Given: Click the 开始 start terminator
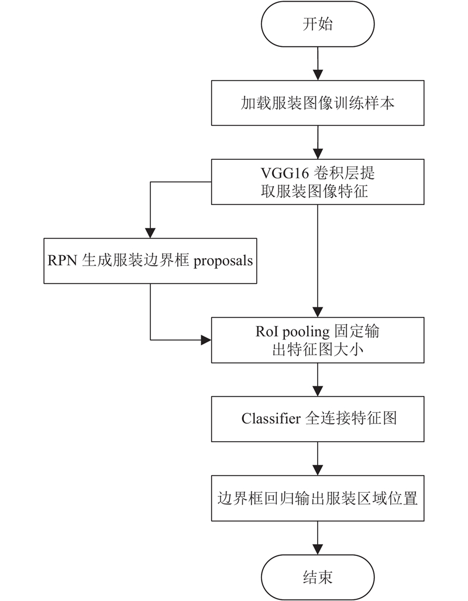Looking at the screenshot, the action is click(x=318, y=24).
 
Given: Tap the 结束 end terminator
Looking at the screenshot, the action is click(x=318, y=577).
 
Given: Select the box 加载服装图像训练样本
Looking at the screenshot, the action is click(x=318, y=103).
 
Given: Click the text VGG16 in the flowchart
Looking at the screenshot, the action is click(x=285, y=173).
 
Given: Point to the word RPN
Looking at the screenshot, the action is click(x=63, y=260).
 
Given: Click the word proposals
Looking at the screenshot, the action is click(x=223, y=262).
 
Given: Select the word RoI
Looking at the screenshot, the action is click(x=267, y=332).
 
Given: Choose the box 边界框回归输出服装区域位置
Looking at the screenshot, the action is click(x=318, y=498).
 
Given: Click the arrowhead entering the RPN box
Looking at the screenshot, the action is click(x=150, y=233).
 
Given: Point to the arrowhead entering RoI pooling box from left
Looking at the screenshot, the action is click(x=206, y=339).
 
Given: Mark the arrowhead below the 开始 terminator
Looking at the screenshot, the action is click(x=318, y=75).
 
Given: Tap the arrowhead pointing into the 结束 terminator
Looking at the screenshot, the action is click(x=318, y=550).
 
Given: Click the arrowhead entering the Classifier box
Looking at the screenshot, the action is click(x=318, y=391).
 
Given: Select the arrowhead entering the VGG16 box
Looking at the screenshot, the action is click(x=318, y=154).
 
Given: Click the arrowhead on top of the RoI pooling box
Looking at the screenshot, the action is click(x=318, y=312).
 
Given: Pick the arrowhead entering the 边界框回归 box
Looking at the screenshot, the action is click(x=318, y=471).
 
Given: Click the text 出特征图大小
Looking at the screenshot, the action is click(x=318, y=349).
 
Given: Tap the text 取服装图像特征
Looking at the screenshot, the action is click(x=314, y=191).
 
